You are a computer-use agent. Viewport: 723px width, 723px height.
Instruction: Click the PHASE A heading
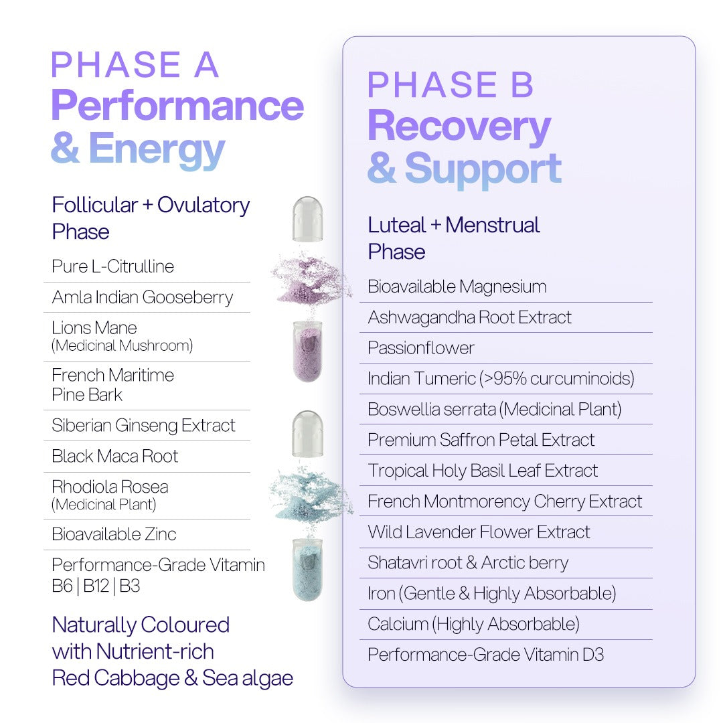134,64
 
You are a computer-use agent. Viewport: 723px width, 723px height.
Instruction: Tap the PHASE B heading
450,85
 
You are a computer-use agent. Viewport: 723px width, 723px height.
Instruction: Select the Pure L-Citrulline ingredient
113,266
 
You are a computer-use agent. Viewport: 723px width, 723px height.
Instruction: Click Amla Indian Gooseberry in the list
143,297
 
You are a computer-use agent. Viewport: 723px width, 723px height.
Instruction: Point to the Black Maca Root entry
115,456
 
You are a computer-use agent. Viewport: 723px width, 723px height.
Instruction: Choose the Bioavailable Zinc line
114,534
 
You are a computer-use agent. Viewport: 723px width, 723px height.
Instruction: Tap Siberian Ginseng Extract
143,425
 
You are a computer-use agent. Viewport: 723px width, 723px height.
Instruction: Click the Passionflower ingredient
420,347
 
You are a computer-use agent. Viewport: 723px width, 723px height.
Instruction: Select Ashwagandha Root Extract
469,317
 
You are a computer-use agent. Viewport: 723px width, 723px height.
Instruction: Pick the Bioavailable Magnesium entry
457,287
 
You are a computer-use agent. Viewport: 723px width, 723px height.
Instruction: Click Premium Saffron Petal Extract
481,440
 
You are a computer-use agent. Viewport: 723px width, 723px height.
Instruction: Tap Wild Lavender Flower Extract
479,532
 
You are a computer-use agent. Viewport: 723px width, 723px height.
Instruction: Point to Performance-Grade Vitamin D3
485,655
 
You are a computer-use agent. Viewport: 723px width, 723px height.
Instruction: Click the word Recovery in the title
459,127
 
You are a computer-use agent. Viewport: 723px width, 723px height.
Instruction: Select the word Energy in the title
156,149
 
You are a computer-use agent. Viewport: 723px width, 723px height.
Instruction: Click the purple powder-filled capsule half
307,351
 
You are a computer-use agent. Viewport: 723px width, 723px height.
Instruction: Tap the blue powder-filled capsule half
307,570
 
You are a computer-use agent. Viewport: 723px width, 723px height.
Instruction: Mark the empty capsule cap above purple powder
307,219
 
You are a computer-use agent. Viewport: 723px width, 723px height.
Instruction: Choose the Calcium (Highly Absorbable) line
473,625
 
